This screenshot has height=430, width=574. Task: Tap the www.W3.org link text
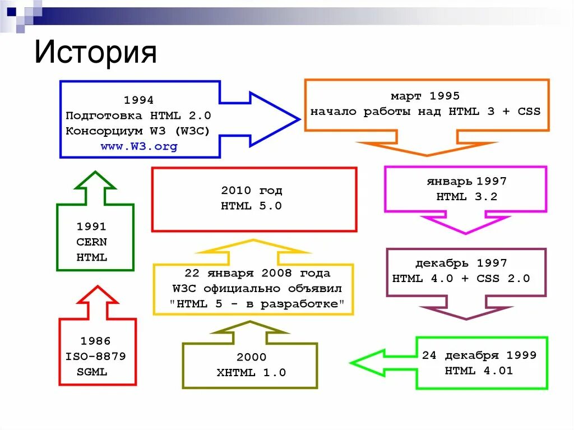coord(138,147)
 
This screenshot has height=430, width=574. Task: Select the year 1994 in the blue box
coord(138,100)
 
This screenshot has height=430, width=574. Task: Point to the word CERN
coord(91,242)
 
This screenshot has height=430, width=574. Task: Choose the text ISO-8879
coord(95,356)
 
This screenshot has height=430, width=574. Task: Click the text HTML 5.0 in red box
coord(251,206)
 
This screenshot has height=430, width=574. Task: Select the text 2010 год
coord(251,190)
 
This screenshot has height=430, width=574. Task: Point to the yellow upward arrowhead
coord(253,246)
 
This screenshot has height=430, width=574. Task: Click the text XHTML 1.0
coord(251,372)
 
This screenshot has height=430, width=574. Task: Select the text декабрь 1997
coord(461,263)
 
